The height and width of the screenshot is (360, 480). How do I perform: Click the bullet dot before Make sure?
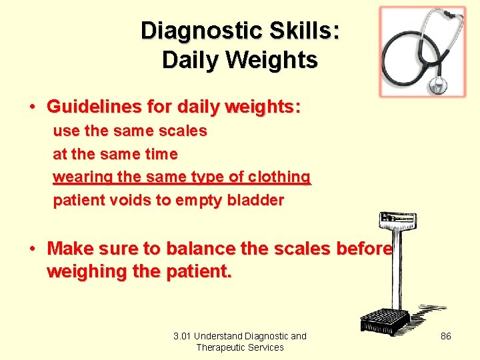[x=31, y=249]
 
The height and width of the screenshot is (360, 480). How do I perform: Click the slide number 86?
[x=446, y=336]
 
